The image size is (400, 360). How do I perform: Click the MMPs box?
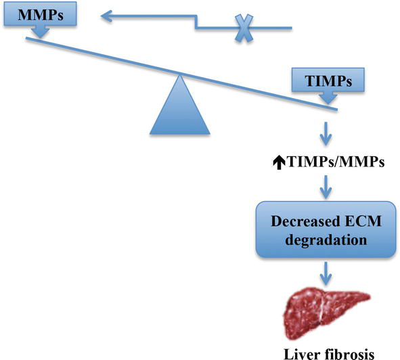click(x=40, y=14)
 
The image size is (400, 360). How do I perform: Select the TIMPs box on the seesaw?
click(x=328, y=80)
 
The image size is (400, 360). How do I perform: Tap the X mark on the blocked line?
click(x=244, y=28)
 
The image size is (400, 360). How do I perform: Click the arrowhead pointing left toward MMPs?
click(x=107, y=16)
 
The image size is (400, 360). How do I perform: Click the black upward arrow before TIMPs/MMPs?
click(x=279, y=163)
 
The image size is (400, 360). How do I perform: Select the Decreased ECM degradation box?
click(x=326, y=229)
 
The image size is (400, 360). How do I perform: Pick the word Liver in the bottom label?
click(x=302, y=354)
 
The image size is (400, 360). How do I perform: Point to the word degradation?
click(x=326, y=240)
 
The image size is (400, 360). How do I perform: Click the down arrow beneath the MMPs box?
click(x=41, y=32)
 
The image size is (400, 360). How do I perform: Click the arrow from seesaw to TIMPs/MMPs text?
click(x=326, y=134)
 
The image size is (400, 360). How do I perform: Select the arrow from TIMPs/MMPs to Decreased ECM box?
click(x=326, y=187)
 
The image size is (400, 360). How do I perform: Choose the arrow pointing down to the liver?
click(x=326, y=273)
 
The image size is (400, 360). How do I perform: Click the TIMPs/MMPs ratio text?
click(x=329, y=162)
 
